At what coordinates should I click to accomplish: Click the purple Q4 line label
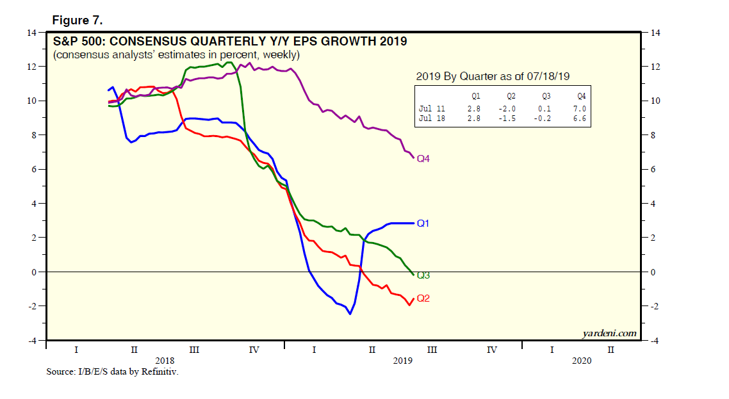(x=423, y=159)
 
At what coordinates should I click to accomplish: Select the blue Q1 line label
(x=423, y=224)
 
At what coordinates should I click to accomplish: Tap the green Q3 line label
(x=423, y=275)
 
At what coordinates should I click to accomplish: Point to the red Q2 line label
(x=423, y=298)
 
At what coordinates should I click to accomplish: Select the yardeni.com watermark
(x=609, y=333)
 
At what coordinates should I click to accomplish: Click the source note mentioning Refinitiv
(x=112, y=371)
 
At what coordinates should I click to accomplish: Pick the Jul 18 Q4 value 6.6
(x=580, y=119)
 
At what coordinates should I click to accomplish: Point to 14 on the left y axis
(x=31, y=33)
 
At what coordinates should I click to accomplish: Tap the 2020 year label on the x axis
(x=581, y=361)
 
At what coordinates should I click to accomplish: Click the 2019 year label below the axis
(x=402, y=361)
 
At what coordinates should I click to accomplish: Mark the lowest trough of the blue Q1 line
(x=350, y=314)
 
